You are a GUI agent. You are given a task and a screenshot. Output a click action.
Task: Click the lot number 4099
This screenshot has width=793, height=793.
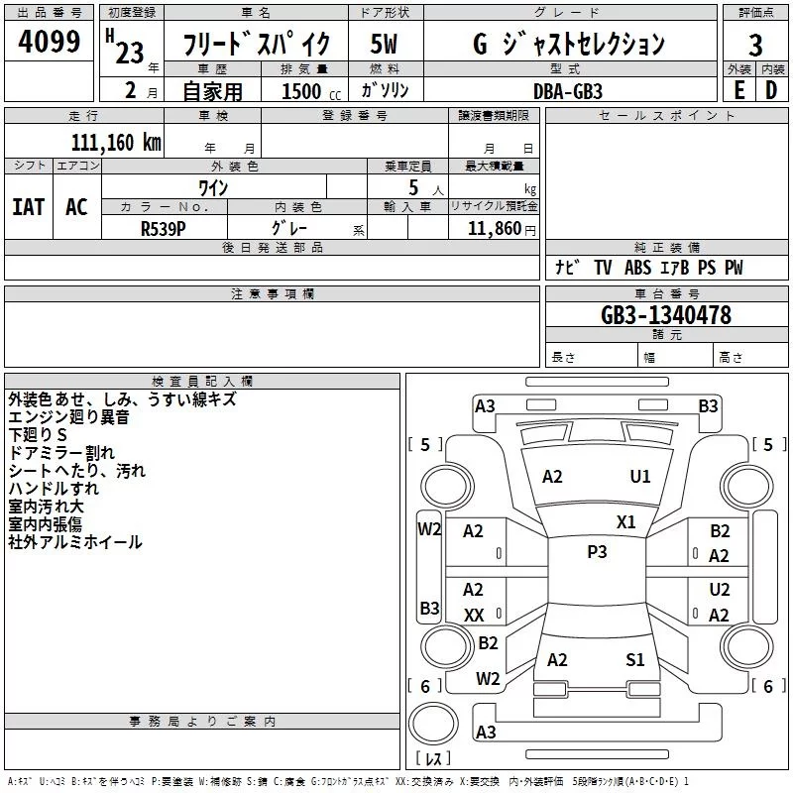click(x=49, y=41)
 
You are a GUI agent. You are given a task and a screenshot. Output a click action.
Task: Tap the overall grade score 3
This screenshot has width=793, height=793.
click(x=755, y=45)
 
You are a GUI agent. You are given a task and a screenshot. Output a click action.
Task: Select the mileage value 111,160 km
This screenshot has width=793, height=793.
click(x=116, y=142)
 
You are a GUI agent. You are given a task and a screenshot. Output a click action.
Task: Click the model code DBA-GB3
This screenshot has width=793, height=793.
click(x=568, y=91)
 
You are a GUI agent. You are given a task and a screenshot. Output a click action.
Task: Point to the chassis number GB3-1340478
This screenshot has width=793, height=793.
click(x=665, y=315)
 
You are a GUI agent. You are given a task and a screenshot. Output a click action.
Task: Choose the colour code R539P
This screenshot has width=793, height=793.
click(x=163, y=229)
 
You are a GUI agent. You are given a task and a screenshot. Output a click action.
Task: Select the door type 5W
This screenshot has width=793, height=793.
click(x=384, y=44)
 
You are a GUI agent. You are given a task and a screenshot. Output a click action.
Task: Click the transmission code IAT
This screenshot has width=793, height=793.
click(x=29, y=207)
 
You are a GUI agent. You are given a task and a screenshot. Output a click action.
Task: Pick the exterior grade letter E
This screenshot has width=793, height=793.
click(x=738, y=90)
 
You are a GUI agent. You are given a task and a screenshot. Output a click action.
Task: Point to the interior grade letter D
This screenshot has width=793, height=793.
click(x=771, y=90)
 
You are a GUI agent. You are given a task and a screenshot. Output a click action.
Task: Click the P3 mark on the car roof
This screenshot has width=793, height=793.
click(x=597, y=551)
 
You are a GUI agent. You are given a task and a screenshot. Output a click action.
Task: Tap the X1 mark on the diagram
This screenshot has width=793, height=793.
click(x=625, y=521)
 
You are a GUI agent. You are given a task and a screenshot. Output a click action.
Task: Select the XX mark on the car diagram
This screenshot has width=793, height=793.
click(x=474, y=615)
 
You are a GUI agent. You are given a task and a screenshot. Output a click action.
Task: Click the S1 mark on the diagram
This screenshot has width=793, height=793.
click(x=634, y=659)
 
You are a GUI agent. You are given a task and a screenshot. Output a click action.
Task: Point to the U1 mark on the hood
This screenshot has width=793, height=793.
click(x=639, y=476)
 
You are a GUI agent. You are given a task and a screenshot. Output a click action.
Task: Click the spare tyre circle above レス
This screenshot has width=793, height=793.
click(x=433, y=723)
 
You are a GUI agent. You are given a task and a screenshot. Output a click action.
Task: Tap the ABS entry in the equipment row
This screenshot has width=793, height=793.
click(x=637, y=267)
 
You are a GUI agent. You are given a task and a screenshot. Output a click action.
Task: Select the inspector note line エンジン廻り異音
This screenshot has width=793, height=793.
click(x=68, y=416)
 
